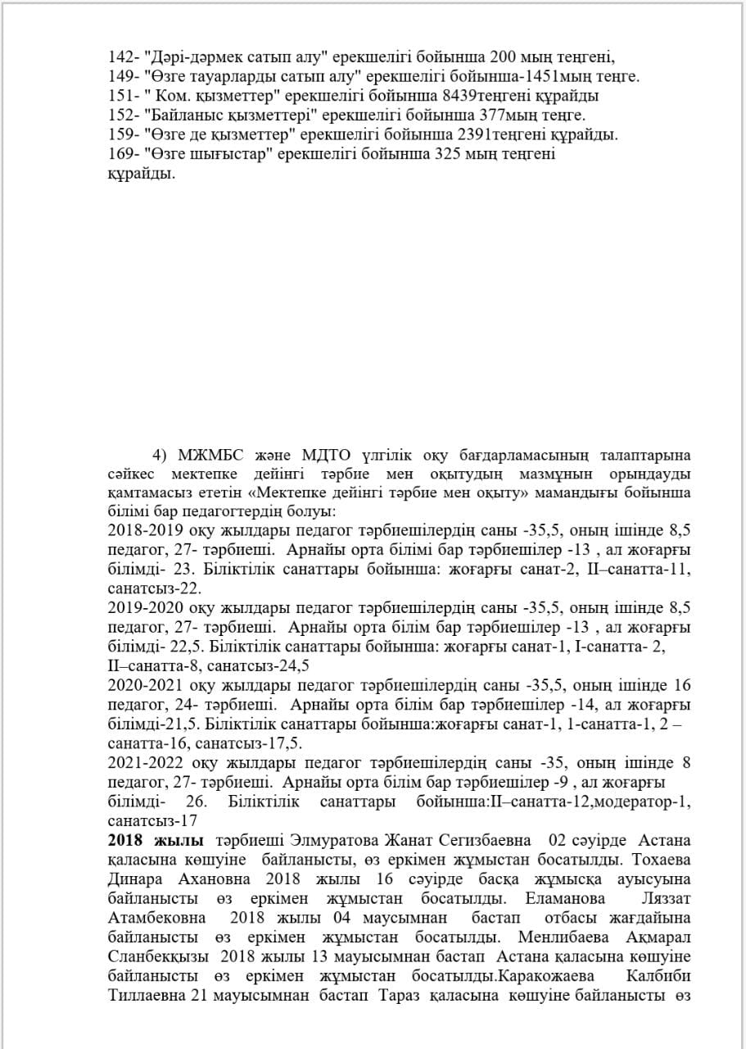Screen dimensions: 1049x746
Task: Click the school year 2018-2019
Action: point(145,529)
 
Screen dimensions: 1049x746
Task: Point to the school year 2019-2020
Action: point(145,608)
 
